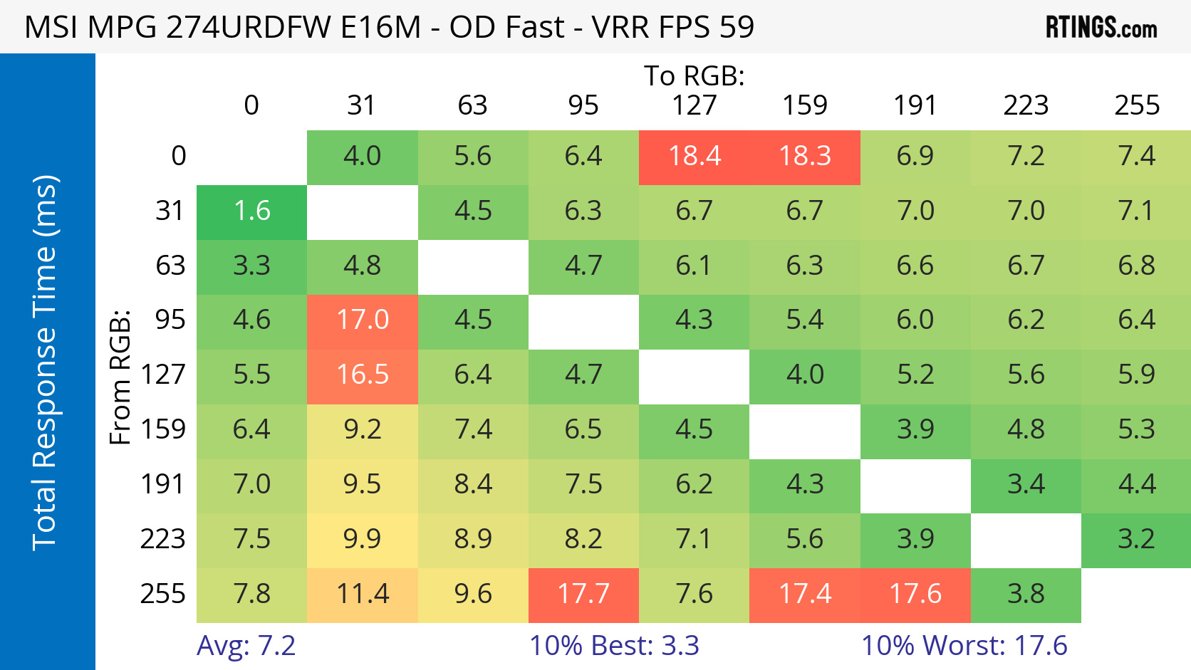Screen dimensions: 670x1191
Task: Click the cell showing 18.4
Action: tap(694, 157)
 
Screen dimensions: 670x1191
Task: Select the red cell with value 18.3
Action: tap(805, 157)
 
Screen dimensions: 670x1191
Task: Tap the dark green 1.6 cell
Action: tap(251, 211)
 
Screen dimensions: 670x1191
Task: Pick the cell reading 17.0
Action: tap(363, 320)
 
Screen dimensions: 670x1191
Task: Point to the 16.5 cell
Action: tap(363, 375)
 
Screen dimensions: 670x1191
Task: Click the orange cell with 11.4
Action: tap(363, 595)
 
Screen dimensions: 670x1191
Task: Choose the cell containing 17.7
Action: tap(583, 595)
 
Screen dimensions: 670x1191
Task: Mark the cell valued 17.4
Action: tap(805, 595)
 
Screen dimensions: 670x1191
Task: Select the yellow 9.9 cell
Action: tap(363, 540)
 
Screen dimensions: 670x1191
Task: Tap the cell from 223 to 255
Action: tap(1136, 540)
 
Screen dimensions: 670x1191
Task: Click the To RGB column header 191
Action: tap(915, 105)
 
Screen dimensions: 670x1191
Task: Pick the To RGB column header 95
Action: tap(583, 105)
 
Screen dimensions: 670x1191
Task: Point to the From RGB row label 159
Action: tap(163, 430)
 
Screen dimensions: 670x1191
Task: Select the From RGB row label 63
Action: tap(170, 266)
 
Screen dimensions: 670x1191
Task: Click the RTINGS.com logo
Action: tap(1101, 28)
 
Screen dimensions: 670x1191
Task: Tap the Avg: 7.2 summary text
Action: tap(246, 646)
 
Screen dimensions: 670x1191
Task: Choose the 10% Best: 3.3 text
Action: tap(614, 646)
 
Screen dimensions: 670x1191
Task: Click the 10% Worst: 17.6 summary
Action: tap(964, 646)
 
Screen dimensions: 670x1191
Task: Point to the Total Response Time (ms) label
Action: tap(44, 363)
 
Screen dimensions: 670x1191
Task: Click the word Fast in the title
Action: tap(534, 27)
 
